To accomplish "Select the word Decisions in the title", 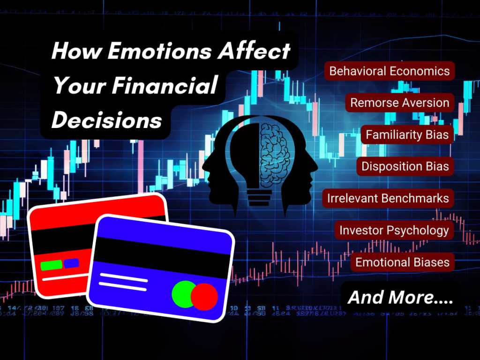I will pyautogui.click(x=107, y=120).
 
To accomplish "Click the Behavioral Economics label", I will pyautogui.click(x=390, y=71).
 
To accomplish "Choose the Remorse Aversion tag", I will pyautogui.click(x=400, y=103).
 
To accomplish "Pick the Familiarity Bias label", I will pyautogui.click(x=407, y=135).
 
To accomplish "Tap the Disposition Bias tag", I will pyautogui.click(x=405, y=166).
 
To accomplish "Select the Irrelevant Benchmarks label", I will pyautogui.click(x=388, y=198).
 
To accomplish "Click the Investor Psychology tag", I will pyautogui.click(x=394, y=230).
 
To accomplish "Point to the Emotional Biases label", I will pyautogui.click(x=402, y=262).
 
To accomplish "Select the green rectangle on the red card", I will pyautogui.click(x=51, y=265).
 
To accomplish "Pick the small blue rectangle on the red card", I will pyautogui.click(x=71, y=263).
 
